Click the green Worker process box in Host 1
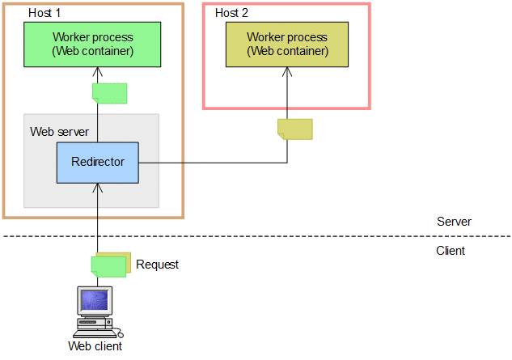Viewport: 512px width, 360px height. [92, 44]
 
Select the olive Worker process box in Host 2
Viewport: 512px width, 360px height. [287, 44]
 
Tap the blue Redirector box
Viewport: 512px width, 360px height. [98, 162]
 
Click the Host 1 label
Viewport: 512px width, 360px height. [44, 13]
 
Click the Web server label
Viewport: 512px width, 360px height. [59, 131]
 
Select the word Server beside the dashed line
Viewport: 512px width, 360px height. [454, 222]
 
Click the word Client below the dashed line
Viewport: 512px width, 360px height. [451, 251]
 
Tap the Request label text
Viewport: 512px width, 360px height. [157, 265]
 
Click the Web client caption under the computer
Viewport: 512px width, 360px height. [95, 347]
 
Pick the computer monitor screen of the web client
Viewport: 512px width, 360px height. [94, 302]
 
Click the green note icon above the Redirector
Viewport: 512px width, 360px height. [109, 93]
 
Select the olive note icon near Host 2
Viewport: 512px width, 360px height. [294, 129]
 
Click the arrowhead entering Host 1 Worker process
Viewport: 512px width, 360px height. [98, 71]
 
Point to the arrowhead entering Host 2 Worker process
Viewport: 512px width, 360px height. [287, 71]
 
